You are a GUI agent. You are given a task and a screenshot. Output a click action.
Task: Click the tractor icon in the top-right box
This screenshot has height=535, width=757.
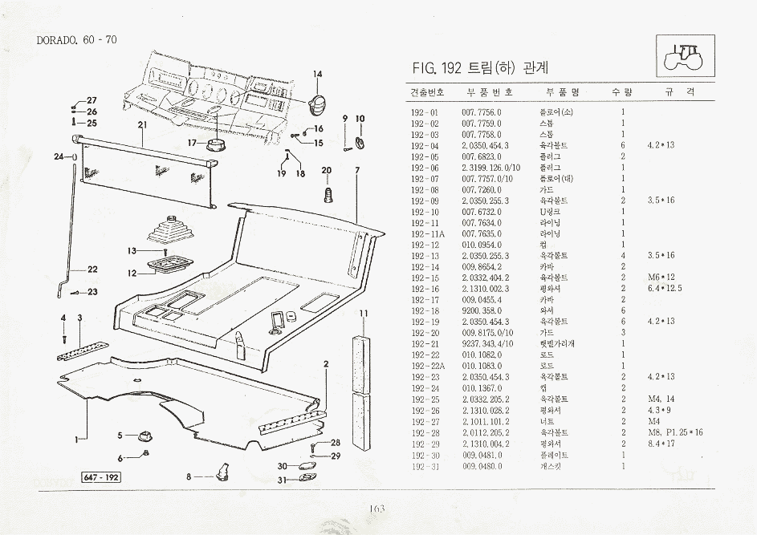pos(684,55)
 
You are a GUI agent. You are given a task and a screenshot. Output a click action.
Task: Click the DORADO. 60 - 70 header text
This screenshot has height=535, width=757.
pos(77,40)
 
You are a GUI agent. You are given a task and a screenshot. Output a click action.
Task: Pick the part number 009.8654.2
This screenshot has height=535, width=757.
pos(482,266)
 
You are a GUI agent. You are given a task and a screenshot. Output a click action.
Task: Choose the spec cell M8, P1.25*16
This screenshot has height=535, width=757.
pos(674,432)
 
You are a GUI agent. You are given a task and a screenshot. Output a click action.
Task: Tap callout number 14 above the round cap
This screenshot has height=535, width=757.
pos(318,75)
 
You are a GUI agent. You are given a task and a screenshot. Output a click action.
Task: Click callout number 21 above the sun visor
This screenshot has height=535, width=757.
pos(141,124)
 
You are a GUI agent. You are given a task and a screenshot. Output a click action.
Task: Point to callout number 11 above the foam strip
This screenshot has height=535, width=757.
pos(364,312)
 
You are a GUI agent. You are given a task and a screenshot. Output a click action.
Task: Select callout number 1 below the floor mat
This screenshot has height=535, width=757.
pos(78,438)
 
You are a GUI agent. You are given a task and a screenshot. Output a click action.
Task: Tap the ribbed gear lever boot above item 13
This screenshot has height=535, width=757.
pos(170,229)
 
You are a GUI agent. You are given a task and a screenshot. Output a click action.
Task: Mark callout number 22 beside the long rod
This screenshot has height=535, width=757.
pos(92,269)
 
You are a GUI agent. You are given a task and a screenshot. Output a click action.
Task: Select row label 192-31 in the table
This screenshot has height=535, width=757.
pos(424,465)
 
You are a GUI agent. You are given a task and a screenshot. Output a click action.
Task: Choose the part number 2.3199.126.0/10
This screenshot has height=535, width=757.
pos(490,167)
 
